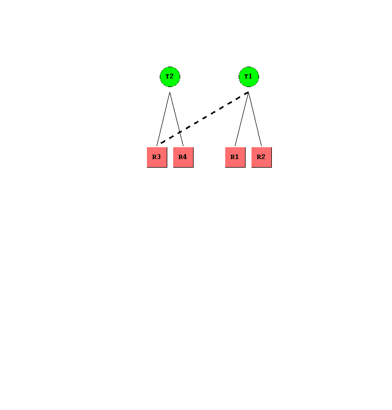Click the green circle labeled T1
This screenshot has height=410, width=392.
(248, 77)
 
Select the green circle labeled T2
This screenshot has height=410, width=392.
(169, 77)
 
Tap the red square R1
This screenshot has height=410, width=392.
(235, 157)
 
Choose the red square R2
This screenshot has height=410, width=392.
(261, 157)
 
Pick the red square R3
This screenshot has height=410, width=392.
(157, 157)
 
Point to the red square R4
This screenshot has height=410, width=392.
(183, 157)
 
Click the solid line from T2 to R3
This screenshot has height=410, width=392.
(163, 119)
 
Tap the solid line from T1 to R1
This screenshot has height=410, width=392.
(242, 119)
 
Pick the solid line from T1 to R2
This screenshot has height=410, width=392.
(255, 119)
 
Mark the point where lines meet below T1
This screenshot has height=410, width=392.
(248, 92)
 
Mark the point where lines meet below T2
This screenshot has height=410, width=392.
(169, 92)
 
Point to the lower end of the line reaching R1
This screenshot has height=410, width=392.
(235, 146)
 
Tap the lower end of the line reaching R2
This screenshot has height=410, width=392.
(261, 146)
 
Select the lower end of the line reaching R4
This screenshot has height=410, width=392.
(183, 146)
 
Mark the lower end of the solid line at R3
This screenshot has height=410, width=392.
(157, 146)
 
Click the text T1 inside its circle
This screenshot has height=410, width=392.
(248, 76)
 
